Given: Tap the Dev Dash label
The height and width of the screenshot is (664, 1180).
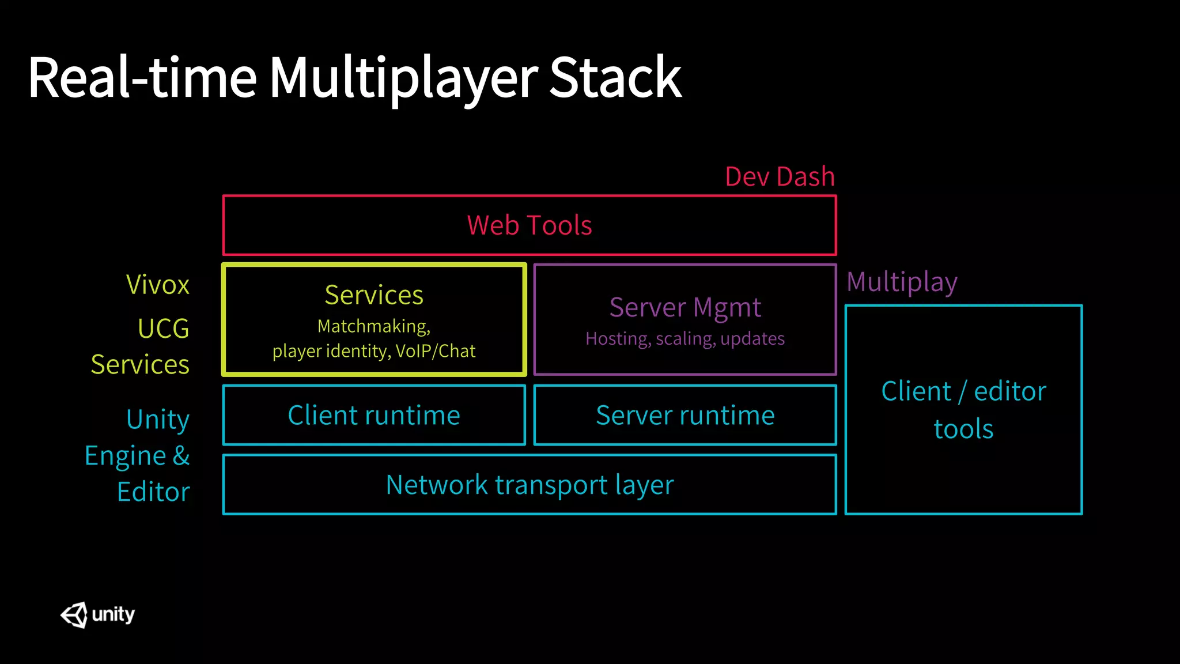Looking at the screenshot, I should point(780,176).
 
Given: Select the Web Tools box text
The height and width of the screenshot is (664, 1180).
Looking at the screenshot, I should point(530,225).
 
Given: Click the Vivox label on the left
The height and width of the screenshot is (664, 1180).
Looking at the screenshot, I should point(158,285).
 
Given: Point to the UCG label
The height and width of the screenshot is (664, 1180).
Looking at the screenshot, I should point(164,329).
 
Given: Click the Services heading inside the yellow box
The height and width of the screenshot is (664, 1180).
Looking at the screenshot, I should point(374,295).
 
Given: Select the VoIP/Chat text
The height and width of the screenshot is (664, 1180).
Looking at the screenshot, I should point(436,351).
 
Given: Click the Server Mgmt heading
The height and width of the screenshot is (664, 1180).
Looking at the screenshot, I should point(685,307).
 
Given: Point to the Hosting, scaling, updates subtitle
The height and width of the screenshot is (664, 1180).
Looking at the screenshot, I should point(685,338).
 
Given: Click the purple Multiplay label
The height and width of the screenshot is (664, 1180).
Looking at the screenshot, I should point(902,282).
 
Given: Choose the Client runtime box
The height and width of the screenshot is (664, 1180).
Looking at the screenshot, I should point(374,416).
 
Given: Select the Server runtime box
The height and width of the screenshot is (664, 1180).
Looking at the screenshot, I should point(685,416).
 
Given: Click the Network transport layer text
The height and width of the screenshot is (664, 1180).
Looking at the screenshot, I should point(530,485).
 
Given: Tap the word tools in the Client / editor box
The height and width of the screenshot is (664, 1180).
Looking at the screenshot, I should point(963,429).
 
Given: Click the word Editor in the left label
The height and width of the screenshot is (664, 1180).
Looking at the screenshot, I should point(153,492).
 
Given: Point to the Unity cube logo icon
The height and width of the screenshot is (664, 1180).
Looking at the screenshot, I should point(74,615).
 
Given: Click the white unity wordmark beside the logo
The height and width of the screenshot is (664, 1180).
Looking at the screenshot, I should point(113,614).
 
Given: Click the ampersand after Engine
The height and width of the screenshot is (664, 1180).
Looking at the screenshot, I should point(181,455).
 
